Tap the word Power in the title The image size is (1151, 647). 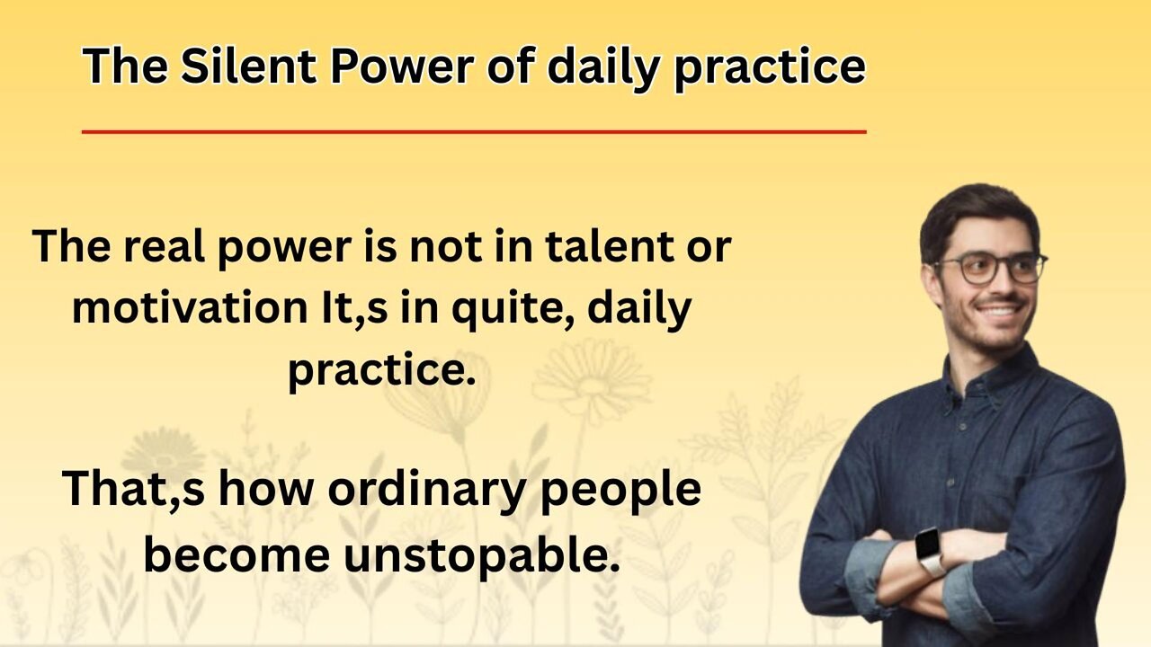point(401,66)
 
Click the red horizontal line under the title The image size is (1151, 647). point(474,132)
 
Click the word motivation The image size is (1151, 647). point(190,307)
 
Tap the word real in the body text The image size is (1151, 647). point(164,246)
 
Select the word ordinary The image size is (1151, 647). point(426,491)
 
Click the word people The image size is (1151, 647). point(620,491)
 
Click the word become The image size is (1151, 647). point(236,554)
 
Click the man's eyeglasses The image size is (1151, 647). point(990,268)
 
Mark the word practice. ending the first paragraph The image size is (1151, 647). point(381,372)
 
